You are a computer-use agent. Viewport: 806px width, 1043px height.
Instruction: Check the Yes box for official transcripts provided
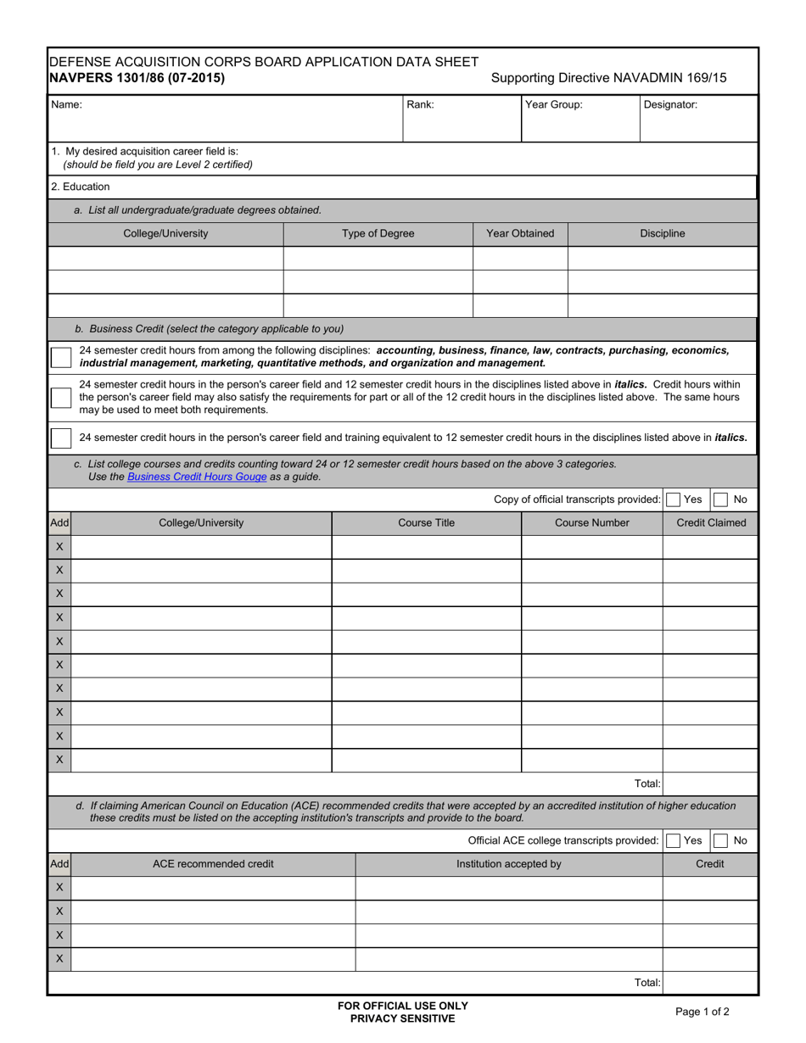pyautogui.click(x=674, y=500)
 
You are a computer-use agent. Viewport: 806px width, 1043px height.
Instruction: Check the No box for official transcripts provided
pyautogui.click(x=720, y=500)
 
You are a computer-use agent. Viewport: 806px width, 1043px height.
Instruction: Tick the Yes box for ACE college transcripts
pyautogui.click(x=674, y=840)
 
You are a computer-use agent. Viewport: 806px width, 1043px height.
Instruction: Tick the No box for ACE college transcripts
pyautogui.click(x=720, y=840)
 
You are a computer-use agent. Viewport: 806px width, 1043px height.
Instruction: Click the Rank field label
pyautogui.click(x=421, y=105)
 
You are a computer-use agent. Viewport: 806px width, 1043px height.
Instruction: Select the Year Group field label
pyautogui.click(x=553, y=105)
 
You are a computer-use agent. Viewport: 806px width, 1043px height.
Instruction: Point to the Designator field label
pyautogui.click(x=670, y=105)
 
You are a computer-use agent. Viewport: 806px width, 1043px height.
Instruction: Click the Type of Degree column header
pyautogui.click(x=378, y=234)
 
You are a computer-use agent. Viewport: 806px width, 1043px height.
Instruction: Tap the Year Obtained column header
pyautogui.click(x=519, y=234)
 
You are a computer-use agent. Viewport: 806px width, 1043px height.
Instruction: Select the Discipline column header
pyautogui.click(x=662, y=234)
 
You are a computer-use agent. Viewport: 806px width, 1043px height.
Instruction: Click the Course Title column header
pyautogui.click(x=426, y=523)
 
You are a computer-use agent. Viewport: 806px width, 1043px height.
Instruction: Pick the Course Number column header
pyautogui.click(x=591, y=523)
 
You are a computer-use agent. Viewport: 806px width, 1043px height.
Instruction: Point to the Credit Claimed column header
pyautogui.click(x=710, y=523)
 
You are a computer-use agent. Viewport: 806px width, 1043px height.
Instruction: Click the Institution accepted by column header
pyautogui.click(x=508, y=864)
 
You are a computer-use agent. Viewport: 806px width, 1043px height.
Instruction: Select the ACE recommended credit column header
pyautogui.click(x=213, y=864)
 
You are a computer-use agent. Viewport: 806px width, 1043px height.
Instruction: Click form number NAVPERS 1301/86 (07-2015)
pyautogui.click(x=137, y=78)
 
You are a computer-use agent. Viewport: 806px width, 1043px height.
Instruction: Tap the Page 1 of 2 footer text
pyautogui.click(x=702, y=1011)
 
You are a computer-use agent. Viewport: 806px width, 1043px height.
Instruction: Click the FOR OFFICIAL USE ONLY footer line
pyautogui.click(x=403, y=1006)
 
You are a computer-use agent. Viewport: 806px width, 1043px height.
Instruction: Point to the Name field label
pyautogui.click(x=67, y=105)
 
